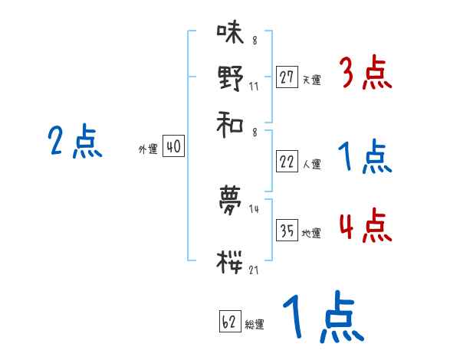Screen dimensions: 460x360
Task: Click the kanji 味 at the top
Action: pyautogui.click(x=229, y=33)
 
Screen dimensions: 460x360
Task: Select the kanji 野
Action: pyautogui.click(x=229, y=77)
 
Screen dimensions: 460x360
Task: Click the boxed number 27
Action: pyautogui.click(x=287, y=77)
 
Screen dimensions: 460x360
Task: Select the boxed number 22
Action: pyautogui.click(x=287, y=162)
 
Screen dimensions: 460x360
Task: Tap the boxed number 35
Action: pyautogui.click(x=287, y=231)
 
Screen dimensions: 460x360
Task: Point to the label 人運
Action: pyautogui.click(x=310, y=164)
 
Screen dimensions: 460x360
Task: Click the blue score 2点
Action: pyautogui.click(x=74, y=142)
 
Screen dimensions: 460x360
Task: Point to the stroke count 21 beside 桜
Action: pyautogui.click(x=254, y=270)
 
